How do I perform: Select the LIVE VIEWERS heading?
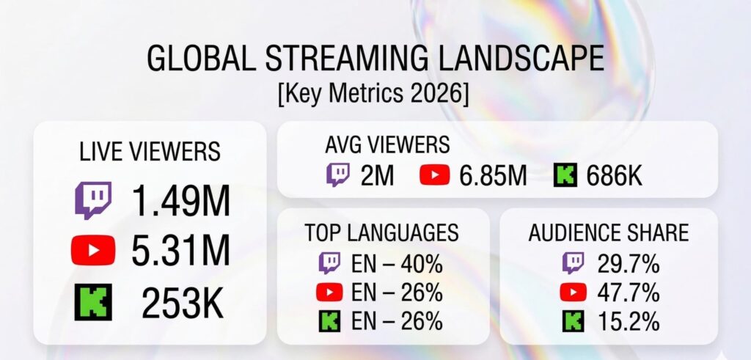coord(150,151)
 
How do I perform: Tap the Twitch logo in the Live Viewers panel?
coord(93,200)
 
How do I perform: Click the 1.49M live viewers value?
coord(180,201)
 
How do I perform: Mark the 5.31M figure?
coord(180,251)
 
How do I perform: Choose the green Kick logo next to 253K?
coord(93,301)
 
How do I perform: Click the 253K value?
coord(183,302)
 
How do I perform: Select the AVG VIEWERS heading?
coord(387,144)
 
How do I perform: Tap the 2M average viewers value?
coord(378,175)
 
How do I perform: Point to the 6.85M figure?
coord(492,175)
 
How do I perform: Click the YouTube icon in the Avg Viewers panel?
coord(435,175)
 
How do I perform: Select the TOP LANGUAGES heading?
coord(382,233)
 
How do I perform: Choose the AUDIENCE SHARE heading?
coord(608,233)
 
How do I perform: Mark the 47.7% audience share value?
coord(627,292)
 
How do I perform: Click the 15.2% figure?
coord(627,321)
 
